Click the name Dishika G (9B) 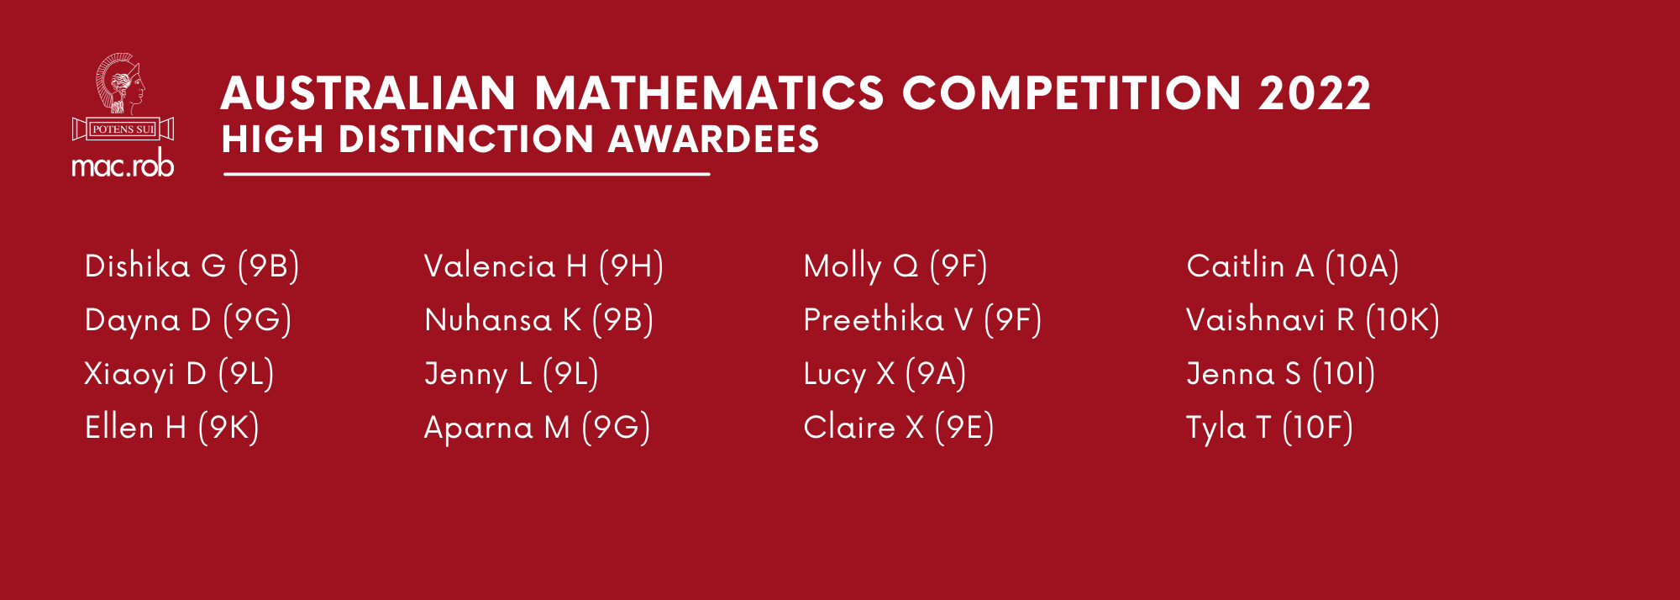pos(192,266)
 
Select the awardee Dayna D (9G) pos(188,320)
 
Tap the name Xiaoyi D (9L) pos(179,374)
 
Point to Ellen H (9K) pos(171,428)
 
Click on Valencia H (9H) pos(543,266)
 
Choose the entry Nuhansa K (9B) pos(538,320)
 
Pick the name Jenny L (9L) pos(511,374)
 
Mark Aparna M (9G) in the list pos(537,428)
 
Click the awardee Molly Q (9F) pos(895,266)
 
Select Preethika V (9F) pos(921,320)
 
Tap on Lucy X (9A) pos(884,374)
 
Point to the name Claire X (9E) pos(898,428)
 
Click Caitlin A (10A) pos(1292,266)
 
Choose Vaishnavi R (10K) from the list pos(1312,320)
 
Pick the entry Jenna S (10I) pos(1280,374)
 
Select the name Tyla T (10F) pos(1268,428)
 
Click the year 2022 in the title pos(1314,93)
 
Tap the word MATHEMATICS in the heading pos(709,93)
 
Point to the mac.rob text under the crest pos(123,165)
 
